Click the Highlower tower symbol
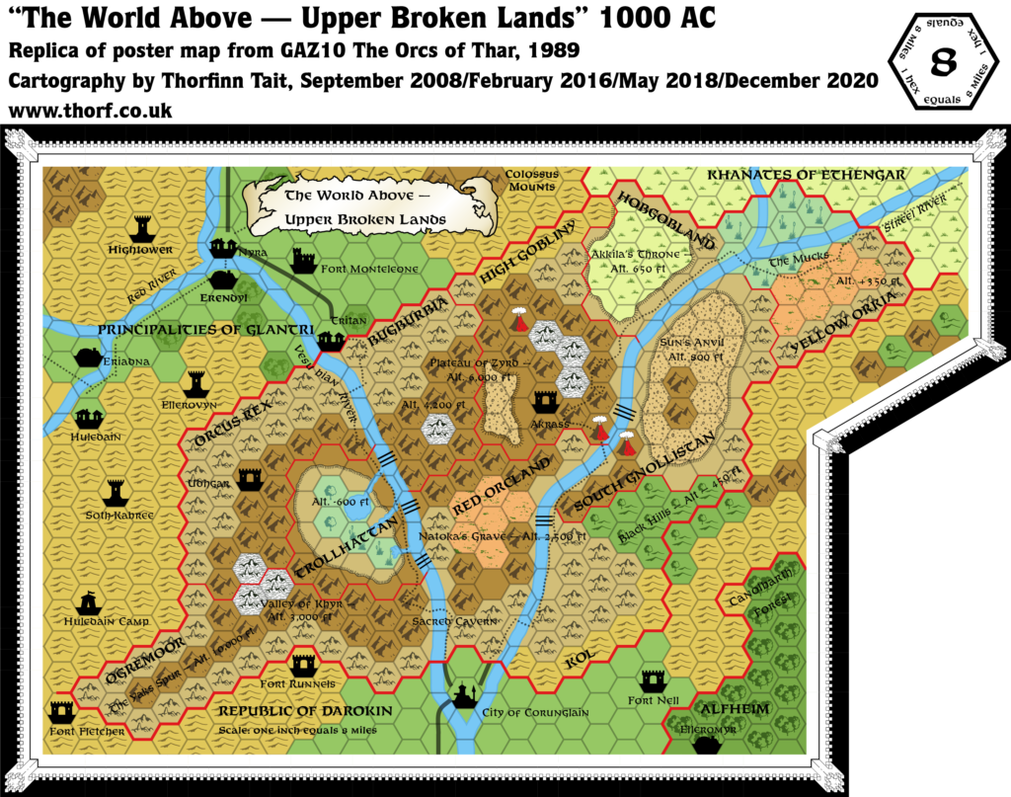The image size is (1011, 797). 143,226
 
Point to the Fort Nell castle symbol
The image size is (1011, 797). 653,680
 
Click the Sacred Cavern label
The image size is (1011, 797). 454,621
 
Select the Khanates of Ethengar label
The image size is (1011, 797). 806,175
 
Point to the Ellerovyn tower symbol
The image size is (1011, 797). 195,381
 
